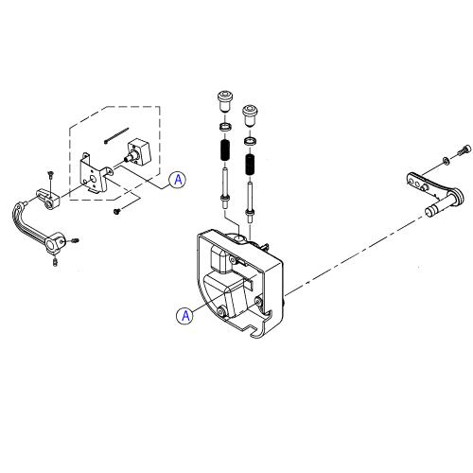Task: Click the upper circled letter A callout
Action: coord(178,180)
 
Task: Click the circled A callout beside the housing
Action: coord(185,315)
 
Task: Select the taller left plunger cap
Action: coord(226,101)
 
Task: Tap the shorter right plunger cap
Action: coord(250,115)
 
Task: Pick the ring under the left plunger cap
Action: coord(226,127)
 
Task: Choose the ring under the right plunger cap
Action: coord(250,141)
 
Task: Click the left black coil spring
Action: coord(225,150)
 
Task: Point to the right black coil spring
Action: coord(250,165)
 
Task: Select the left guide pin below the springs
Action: coord(225,188)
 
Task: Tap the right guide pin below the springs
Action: coord(250,201)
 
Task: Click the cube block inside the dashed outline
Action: coord(137,151)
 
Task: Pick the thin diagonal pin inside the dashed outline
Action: coord(116,135)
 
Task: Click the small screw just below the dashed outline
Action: coord(117,211)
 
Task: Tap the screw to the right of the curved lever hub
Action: coord(75,241)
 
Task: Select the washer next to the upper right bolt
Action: coord(446,161)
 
